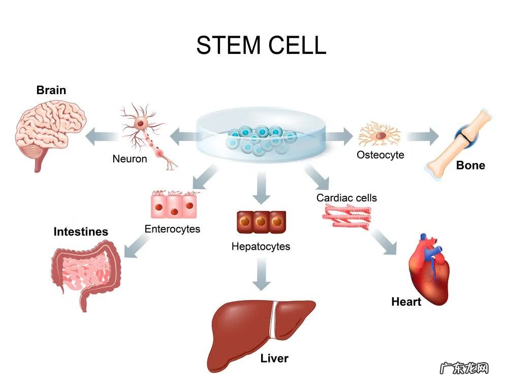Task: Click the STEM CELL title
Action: point(261,45)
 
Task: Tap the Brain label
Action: point(51,91)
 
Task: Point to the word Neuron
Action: point(130,159)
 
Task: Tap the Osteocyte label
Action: point(380,155)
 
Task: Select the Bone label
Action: point(470,165)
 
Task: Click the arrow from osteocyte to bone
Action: point(422,136)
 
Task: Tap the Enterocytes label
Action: point(172,229)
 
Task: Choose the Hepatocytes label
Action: point(261,247)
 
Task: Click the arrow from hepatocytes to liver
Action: point(261,275)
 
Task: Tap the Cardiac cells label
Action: point(347,197)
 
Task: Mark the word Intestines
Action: point(81,232)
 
